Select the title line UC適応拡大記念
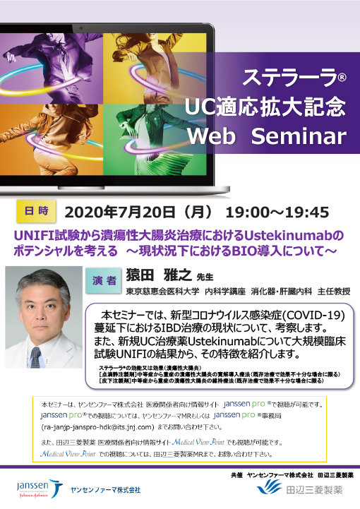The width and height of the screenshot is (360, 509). pyautogui.click(x=265, y=106)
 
